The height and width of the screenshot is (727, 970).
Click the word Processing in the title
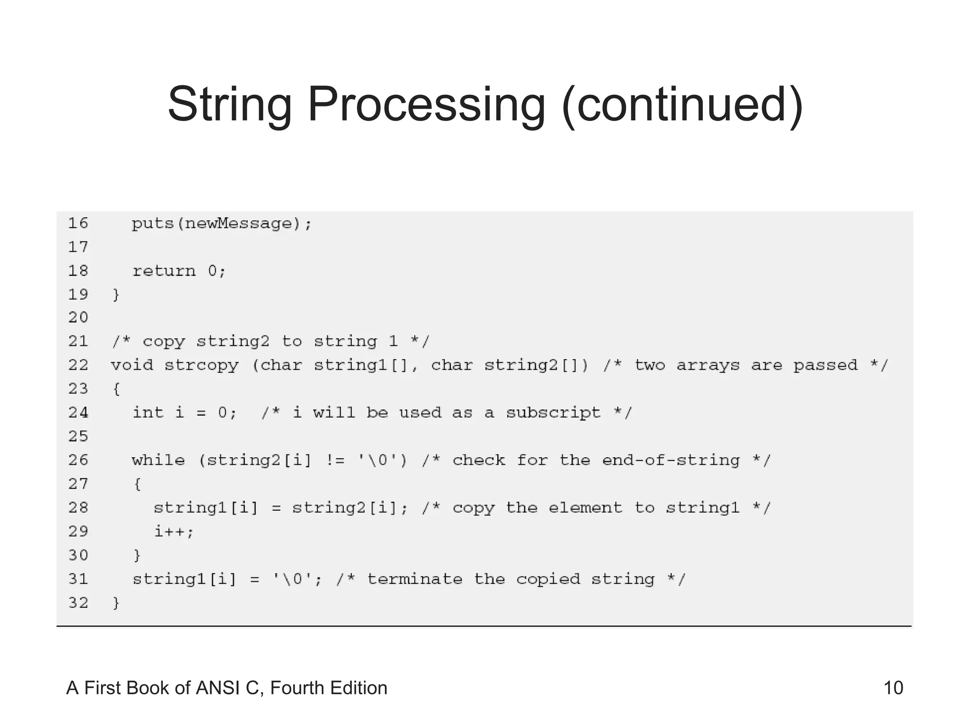point(426,105)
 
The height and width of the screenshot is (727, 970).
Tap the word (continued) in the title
point(682,105)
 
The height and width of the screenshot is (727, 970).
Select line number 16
point(78,223)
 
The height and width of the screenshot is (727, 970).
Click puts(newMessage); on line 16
point(222,223)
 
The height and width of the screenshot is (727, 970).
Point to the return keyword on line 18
point(164,271)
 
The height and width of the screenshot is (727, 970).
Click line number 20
point(78,317)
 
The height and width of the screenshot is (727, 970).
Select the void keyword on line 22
point(132,365)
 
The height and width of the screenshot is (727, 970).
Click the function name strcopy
point(201,365)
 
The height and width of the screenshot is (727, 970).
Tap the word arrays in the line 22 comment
point(708,365)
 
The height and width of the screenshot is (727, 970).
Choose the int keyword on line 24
point(148,412)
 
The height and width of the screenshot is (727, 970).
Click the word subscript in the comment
point(553,413)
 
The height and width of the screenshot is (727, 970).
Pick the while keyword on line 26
point(158,460)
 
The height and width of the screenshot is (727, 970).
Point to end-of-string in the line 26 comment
point(671,460)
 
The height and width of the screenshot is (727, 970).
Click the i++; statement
point(174,532)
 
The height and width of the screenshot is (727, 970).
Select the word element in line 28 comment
point(585,508)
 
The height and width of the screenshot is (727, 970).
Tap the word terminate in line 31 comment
point(414,579)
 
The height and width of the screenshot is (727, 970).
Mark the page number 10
point(893,688)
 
